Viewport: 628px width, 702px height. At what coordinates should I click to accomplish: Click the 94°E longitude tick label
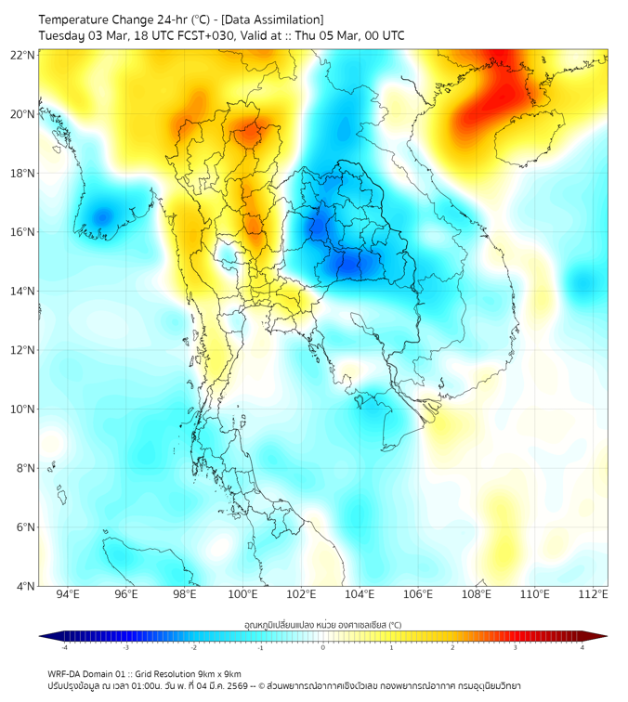(68, 595)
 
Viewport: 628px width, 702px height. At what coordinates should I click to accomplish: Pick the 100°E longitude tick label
(243, 595)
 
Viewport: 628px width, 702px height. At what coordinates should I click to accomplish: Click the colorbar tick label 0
(323, 647)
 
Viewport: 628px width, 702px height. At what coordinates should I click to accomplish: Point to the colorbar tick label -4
(63, 647)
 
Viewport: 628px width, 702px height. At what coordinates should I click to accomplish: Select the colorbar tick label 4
(582, 647)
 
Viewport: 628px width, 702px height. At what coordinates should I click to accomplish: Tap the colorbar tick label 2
(452, 647)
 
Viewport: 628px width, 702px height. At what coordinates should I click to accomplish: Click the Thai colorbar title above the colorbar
(322, 625)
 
